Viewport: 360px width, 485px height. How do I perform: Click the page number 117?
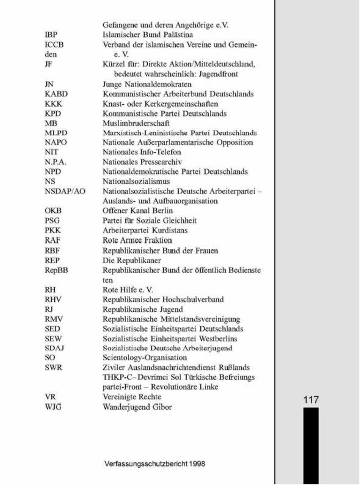310,399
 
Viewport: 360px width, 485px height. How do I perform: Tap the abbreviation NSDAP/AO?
65,191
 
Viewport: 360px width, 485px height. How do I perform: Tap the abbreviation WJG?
53,407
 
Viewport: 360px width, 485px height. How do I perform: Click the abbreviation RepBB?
56,270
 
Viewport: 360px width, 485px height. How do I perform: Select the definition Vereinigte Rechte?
132,397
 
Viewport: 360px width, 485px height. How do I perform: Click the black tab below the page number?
310,444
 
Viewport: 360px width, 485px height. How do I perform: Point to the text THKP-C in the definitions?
116,377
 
